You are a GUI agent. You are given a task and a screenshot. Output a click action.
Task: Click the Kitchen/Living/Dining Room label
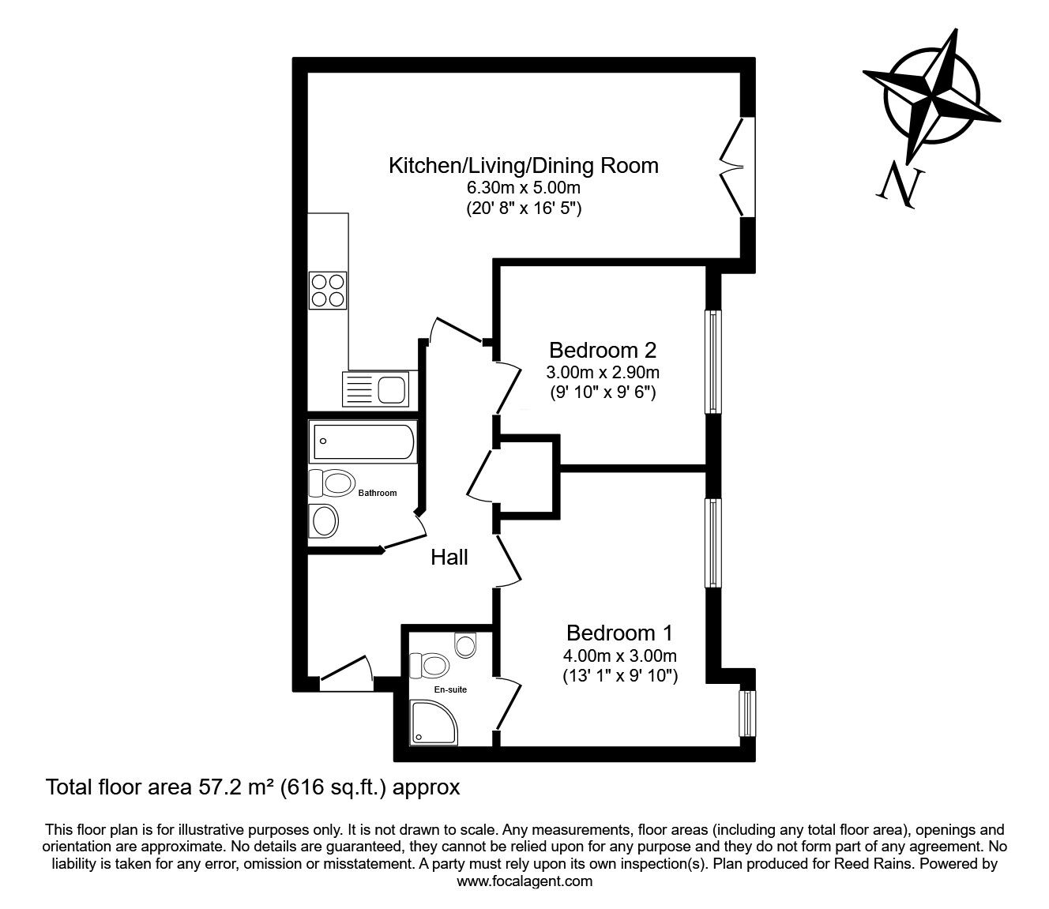pos(523,166)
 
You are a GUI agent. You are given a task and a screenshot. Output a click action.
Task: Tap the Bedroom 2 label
pos(603,349)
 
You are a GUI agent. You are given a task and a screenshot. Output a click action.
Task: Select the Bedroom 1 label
pos(620,633)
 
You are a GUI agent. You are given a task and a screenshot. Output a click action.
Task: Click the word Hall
pos(449,558)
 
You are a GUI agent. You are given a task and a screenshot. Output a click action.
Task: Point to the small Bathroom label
pos(378,494)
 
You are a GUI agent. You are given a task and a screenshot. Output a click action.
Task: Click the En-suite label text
pos(451,689)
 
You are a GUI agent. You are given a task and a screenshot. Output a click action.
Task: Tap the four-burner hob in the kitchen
pos(328,290)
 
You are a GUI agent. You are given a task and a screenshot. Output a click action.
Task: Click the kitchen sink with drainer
pos(375,389)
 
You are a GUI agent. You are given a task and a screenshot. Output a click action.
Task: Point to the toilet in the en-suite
pos(431,664)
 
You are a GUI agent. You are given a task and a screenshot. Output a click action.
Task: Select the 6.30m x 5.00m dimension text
pos(523,189)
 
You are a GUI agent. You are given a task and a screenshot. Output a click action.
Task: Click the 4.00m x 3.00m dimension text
pos(620,655)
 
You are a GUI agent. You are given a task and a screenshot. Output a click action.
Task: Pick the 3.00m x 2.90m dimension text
pos(603,371)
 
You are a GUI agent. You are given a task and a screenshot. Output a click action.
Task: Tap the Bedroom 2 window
pos(713,362)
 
